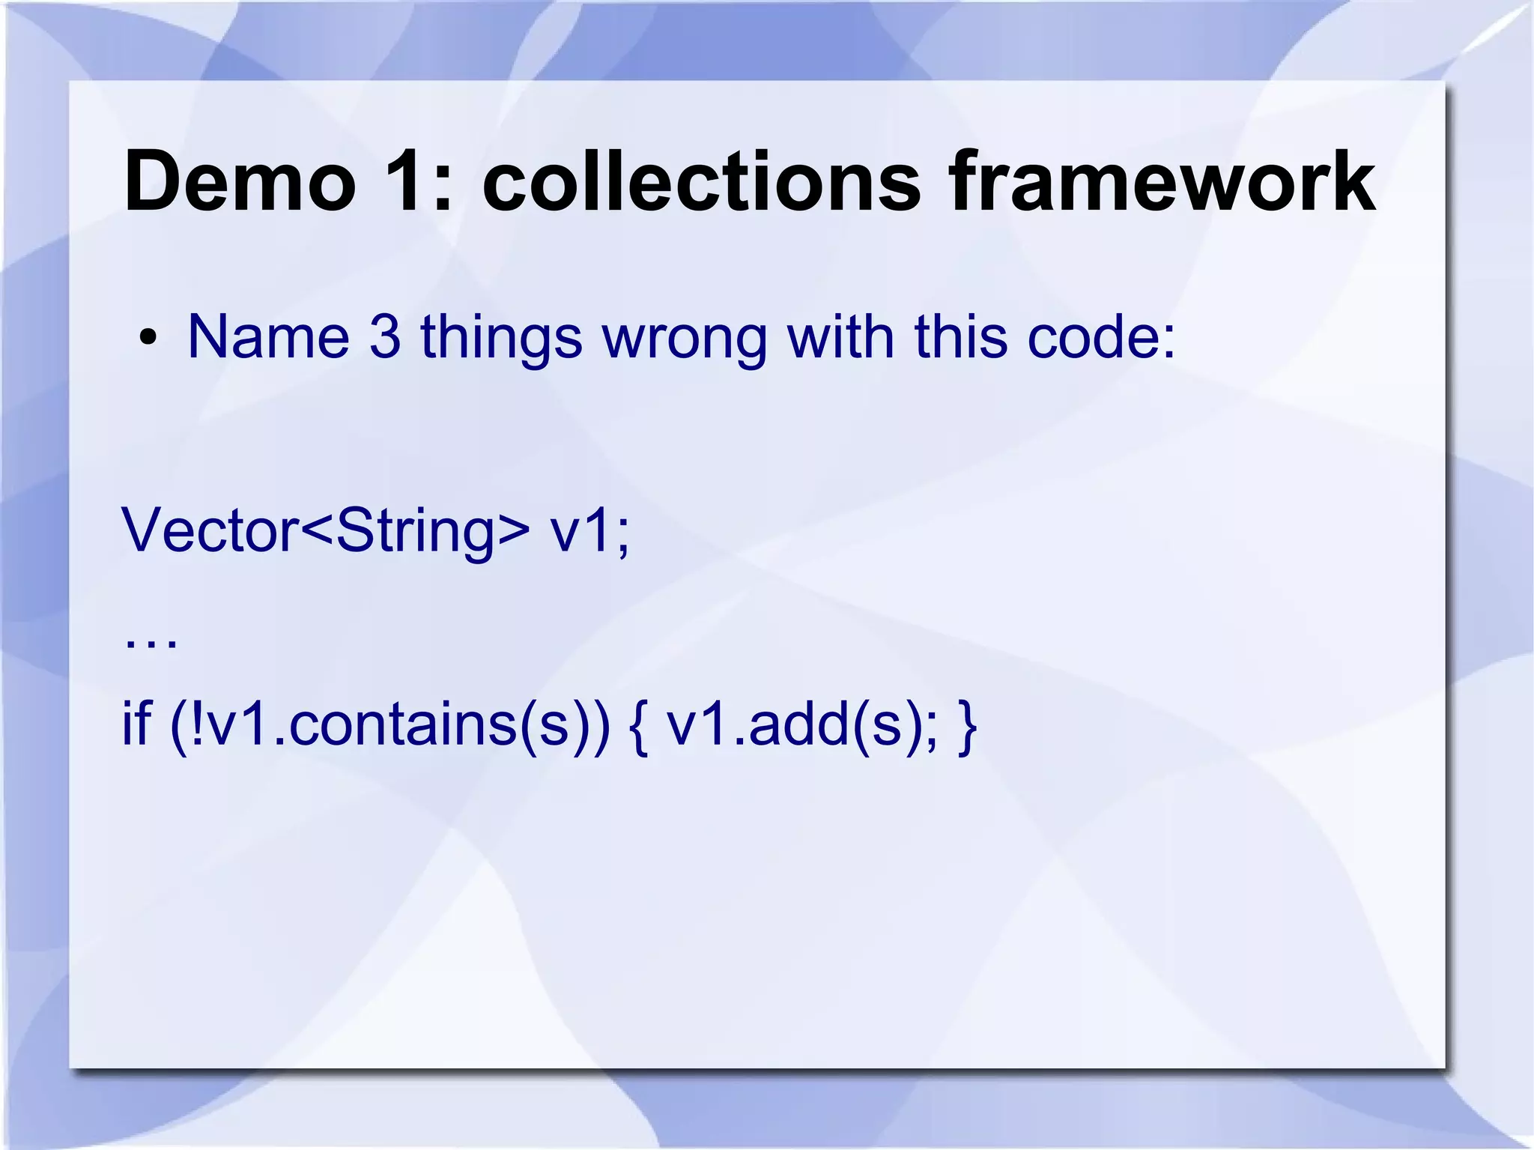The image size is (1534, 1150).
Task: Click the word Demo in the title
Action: click(240, 182)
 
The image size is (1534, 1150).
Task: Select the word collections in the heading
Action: click(701, 182)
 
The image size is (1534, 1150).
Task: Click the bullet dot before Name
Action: click(148, 338)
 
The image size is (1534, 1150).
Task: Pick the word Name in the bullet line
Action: click(268, 337)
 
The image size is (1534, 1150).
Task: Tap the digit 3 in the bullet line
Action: click(385, 337)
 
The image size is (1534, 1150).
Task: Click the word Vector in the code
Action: click(210, 530)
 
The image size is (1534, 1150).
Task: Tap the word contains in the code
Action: click(402, 725)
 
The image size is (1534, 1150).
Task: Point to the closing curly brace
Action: click(967, 725)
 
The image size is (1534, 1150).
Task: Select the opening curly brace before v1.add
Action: click(639, 725)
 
